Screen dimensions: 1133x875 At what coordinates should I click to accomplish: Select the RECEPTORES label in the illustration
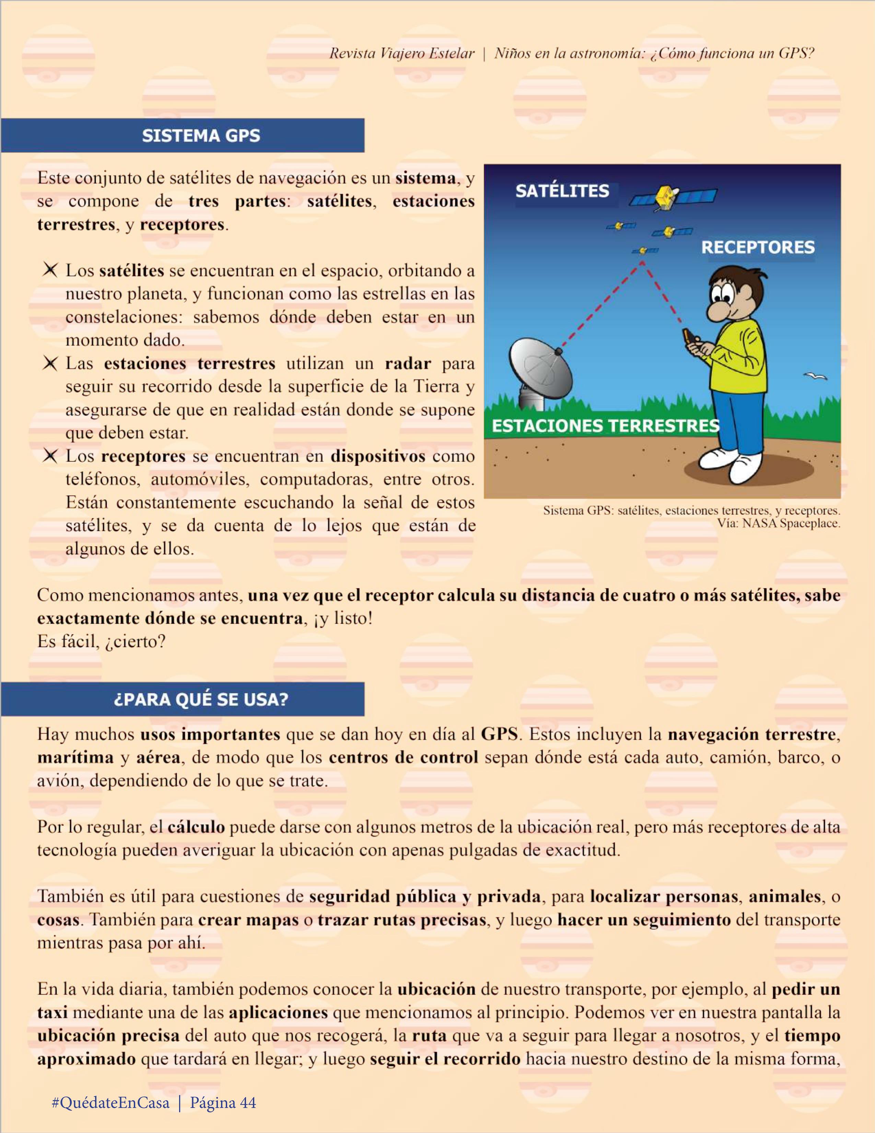tap(758, 247)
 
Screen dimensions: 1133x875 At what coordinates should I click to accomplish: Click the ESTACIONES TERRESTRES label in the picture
tap(605, 426)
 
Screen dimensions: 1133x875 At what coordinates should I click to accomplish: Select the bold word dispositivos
tap(378, 456)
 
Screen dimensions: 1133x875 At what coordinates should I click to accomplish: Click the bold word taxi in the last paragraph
tap(52, 1012)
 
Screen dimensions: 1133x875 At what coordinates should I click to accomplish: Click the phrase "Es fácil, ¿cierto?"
tap(101, 642)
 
